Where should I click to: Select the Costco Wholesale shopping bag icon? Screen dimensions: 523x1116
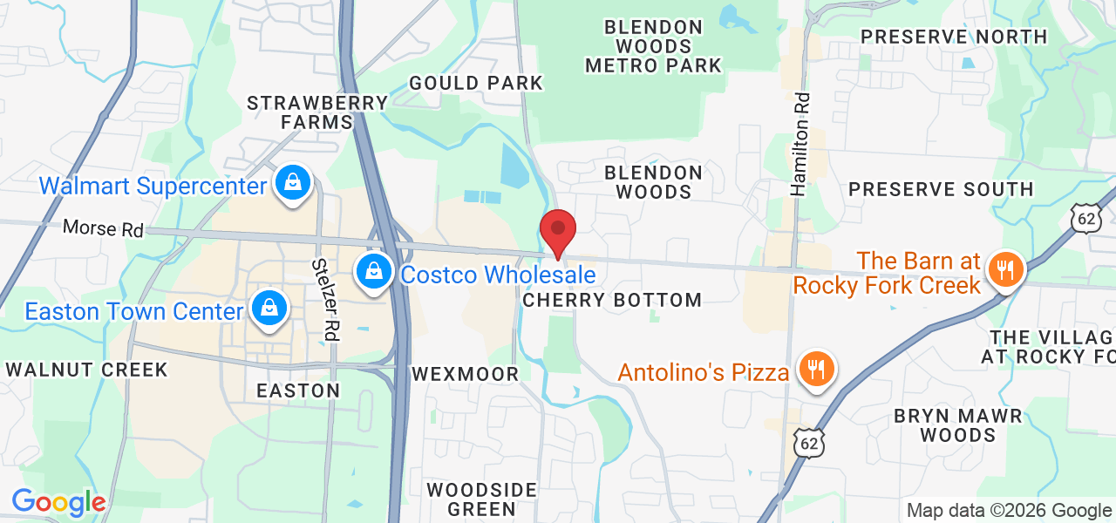[374, 272]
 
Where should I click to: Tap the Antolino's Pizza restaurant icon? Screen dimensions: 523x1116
[815, 370]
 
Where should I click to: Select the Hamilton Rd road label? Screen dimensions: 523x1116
[800, 144]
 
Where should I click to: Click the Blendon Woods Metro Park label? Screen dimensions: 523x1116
[654, 46]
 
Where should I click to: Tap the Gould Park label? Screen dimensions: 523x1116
[476, 83]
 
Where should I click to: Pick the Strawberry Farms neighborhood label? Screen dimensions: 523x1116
[317, 112]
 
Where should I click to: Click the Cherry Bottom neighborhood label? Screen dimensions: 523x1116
[612, 300]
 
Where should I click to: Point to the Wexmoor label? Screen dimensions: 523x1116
[466, 374]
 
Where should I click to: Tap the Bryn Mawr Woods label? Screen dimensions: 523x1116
[957, 425]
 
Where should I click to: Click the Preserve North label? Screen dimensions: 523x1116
[954, 37]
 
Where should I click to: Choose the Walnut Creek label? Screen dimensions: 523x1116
[86, 370]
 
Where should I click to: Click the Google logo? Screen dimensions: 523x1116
[58, 502]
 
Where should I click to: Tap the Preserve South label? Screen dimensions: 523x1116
[941, 189]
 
